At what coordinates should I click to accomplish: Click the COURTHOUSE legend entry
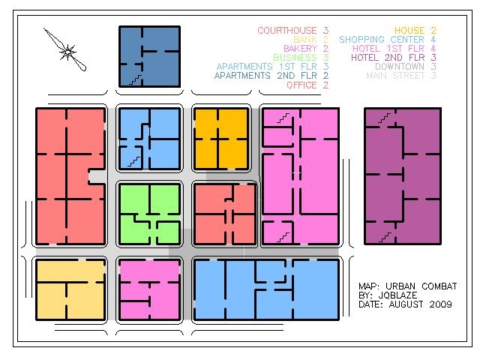(x=288, y=31)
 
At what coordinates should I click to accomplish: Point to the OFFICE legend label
(x=303, y=85)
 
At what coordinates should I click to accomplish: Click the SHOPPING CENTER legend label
(x=383, y=40)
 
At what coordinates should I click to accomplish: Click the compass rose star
(x=67, y=52)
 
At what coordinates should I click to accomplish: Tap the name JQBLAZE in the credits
(x=393, y=295)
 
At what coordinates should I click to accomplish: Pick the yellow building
(x=70, y=289)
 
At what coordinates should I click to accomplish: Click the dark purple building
(x=401, y=175)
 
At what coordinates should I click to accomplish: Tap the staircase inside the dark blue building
(x=135, y=78)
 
